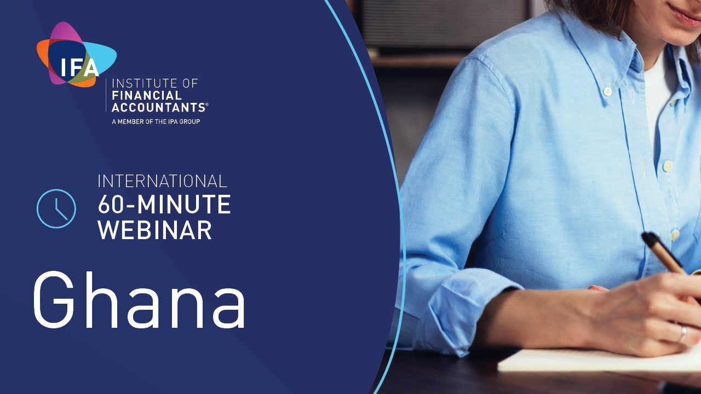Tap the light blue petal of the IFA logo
click(x=105, y=55)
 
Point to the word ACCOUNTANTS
click(x=157, y=107)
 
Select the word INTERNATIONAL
click(x=162, y=181)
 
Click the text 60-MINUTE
click(x=164, y=205)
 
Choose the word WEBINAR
click(x=154, y=230)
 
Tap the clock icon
click(x=56, y=208)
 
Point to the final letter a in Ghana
click(x=227, y=306)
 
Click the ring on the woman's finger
click(x=682, y=334)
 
